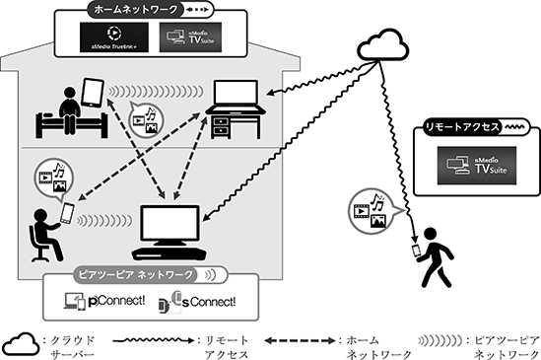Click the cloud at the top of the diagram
click(x=382, y=45)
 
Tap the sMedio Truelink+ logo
click(x=114, y=37)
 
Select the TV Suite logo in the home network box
click(x=190, y=37)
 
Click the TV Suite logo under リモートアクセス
click(x=477, y=165)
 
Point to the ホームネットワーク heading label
click(x=136, y=10)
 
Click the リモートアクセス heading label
click(x=462, y=127)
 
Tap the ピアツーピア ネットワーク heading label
click(x=136, y=275)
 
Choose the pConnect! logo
click(x=104, y=302)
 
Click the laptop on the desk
click(x=236, y=97)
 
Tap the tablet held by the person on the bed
click(x=93, y=92)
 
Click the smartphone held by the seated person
click(x=67, y=213)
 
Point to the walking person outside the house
click(x=436, y=257)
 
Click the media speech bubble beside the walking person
click(x=374, y=211)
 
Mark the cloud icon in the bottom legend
click(x=21, y=344)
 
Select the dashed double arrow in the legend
click(x=300, y=341)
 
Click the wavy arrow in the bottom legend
click(x=154, y=340)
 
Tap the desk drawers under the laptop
click(x=220, y=126)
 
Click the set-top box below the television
click(x=169, y=253)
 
